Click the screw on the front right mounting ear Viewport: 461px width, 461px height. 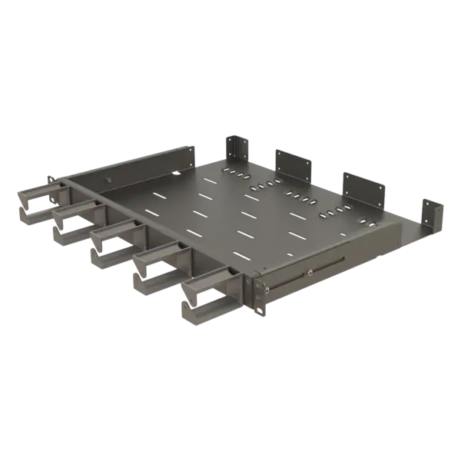(263, 290)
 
